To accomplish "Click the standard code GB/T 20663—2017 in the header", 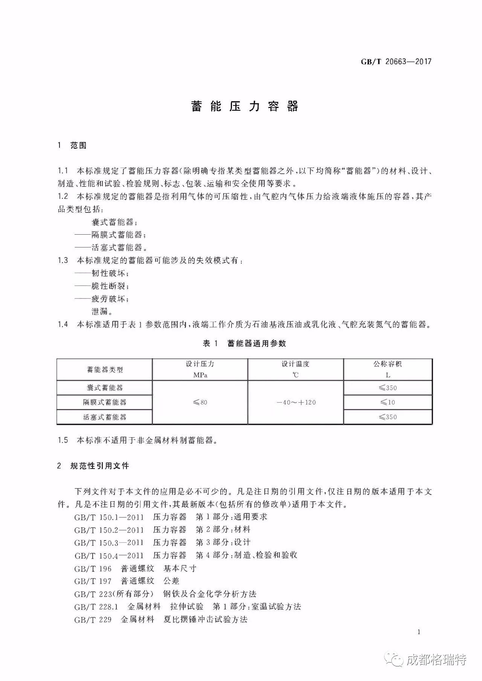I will click(x=396, y=62).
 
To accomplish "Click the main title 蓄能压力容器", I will click(x=245, y=107).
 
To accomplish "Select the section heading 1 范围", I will click(x=72, y=146).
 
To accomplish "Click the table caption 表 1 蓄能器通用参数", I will click(x=244, y=343).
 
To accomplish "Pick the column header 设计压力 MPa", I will click(x=200, y=369).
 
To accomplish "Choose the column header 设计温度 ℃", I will click(x=296, y=369).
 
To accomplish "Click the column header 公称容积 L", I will click(x=387, y=369).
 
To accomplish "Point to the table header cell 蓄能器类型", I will click(x=105, y=370).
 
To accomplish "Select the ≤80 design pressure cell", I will click(x=200, y=402).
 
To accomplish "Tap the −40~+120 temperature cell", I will click(x=296, y=402).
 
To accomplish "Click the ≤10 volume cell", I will click(x=387, y=402).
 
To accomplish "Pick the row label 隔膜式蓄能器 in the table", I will click(x=105, y=402).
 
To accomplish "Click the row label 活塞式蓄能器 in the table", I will click(x=105, y=417).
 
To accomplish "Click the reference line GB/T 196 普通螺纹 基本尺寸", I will click(x=135, y=568).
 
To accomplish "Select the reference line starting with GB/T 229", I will click(x=161, y=620).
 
